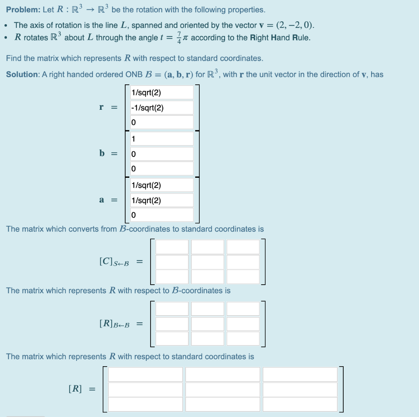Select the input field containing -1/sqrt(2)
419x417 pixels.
162,108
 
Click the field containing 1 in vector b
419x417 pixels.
162,139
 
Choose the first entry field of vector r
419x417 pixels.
162,93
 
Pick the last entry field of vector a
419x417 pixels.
162,215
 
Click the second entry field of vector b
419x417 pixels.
162,154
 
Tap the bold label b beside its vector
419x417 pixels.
101,154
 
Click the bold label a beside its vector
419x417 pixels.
101,200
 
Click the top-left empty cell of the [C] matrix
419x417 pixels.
172,247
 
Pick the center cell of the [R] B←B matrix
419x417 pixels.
207,324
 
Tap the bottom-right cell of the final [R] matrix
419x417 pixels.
300,404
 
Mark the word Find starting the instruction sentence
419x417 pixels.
14,58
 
